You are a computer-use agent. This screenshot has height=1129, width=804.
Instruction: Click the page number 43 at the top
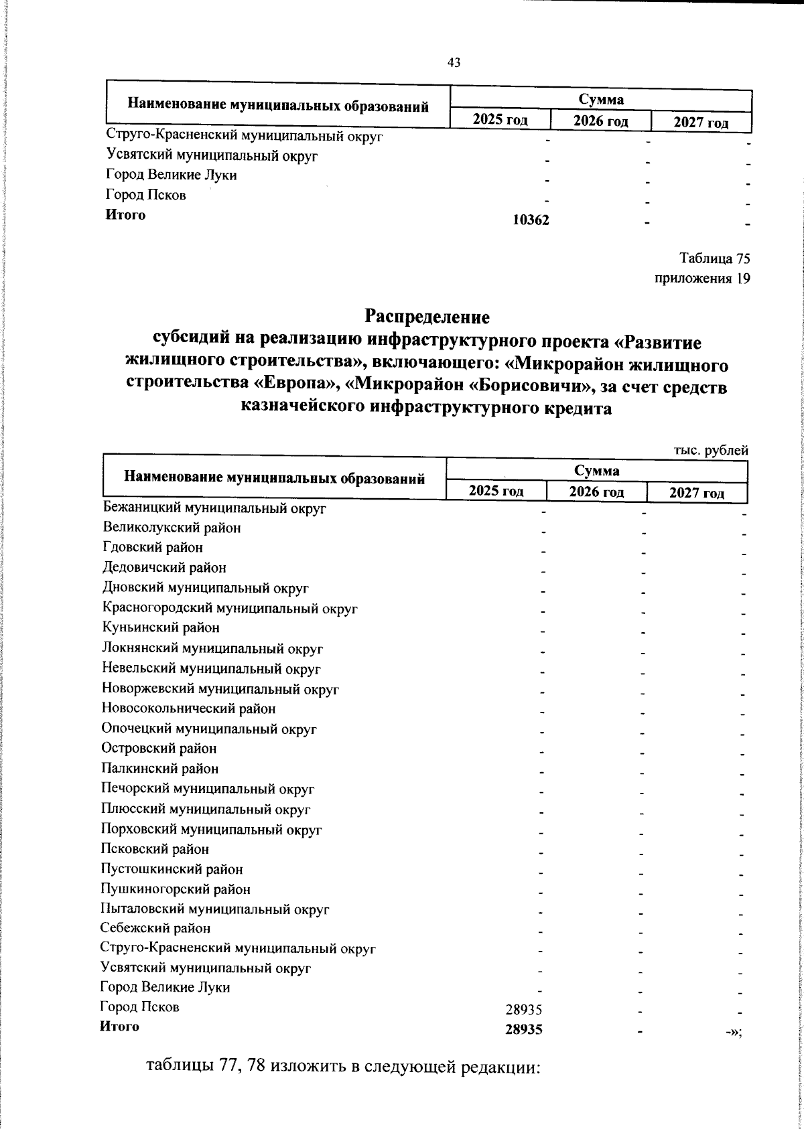point(454,63)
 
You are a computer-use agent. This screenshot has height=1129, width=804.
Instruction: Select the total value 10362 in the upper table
point(531,219)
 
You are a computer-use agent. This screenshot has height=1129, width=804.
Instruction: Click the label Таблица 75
point(714,258)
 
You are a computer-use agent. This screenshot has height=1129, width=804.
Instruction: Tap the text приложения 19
point(701,279)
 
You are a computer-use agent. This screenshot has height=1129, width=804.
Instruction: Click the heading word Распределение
point(427,316)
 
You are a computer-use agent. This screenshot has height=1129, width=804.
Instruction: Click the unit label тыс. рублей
point(710,451)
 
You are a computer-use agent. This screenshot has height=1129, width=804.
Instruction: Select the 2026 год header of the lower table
point(596,492)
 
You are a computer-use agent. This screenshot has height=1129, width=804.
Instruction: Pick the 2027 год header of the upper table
point(701,123)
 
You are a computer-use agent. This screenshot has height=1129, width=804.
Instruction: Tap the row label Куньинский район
point(161,628)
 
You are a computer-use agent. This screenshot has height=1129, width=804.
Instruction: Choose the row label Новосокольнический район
point(188,708)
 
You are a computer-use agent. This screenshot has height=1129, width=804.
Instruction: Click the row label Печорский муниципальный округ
point(208,789)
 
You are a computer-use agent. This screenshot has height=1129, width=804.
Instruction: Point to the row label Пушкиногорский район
point(176,889)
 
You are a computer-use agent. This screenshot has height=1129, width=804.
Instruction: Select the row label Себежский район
point(155,929)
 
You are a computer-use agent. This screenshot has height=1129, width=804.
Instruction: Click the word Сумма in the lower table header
point(596,471)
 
